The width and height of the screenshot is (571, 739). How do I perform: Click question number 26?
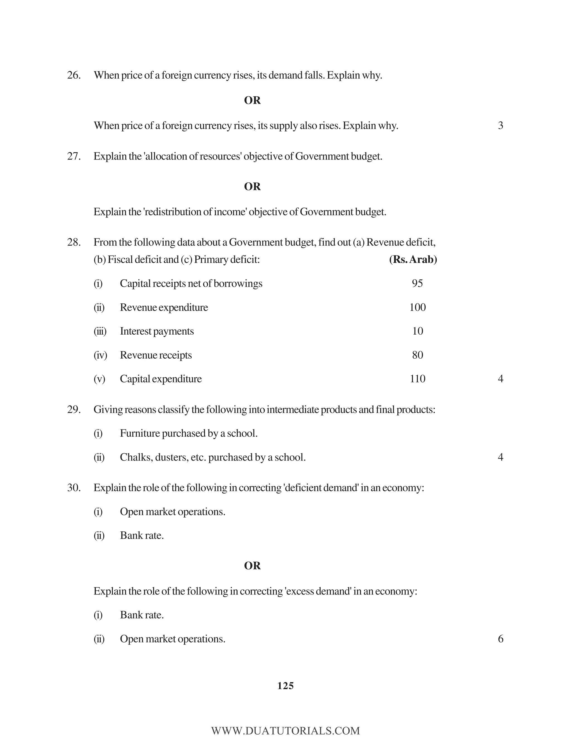click(x=74, y=75)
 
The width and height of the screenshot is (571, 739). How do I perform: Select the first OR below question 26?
click(x=252, y=100)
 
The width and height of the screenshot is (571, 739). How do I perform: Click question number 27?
click(x=74, y=156)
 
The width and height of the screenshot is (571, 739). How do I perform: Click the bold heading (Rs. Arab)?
click(x=413, y=260)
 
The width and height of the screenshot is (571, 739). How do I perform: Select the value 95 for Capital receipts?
click(x=417, y=283)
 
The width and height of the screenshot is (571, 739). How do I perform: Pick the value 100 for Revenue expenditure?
click(x=417, y=307)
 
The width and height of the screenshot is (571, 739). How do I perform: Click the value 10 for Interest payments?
click(x=417, y=331)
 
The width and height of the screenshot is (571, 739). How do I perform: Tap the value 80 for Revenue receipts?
click(x=417, y=355)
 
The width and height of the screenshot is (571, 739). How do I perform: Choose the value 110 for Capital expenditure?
click(x=417, y=379)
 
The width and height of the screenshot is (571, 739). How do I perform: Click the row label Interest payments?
click(x=157, y=331)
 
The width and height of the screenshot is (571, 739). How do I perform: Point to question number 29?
click(x=74, y=409)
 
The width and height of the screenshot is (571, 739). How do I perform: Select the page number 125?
click(x=285, y=686)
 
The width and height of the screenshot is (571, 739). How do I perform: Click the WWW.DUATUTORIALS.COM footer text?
click(x=285, y=731)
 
